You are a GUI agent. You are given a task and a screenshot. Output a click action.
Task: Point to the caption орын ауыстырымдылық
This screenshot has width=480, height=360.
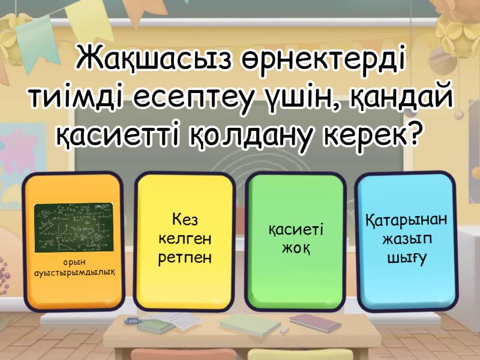[74, 267]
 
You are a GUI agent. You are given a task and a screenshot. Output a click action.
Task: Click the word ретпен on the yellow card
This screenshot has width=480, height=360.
[184, 259]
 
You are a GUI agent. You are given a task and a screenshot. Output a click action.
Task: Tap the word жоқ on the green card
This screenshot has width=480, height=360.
[295, 248]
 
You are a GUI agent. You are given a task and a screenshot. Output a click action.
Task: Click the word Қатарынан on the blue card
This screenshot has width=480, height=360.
[406, 220]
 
